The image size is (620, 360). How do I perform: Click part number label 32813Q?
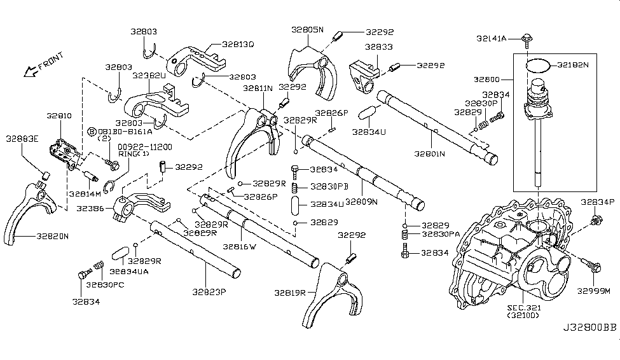[238, 45]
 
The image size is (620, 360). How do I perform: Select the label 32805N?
[308, 30]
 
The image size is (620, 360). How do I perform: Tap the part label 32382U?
[149, 75]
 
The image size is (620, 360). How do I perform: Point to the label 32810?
[59, 117]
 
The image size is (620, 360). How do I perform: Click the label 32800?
[486, 80]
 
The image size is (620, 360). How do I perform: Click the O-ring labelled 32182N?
[537, 64]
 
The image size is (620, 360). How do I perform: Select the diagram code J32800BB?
[589, 347]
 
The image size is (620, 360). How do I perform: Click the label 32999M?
[593, 291]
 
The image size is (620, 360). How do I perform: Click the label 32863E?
[22, 138]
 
